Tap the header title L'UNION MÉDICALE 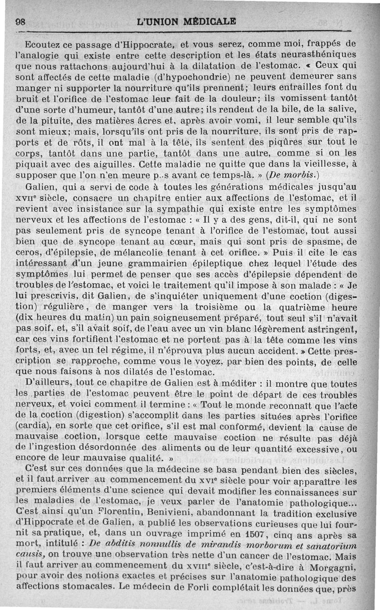click(x=186, y=22)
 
